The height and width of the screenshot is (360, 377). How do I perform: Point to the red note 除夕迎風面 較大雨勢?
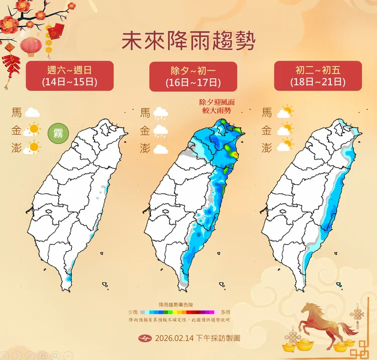click(x=217, y=105)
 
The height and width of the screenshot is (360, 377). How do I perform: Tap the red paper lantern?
click(x=31, y=46)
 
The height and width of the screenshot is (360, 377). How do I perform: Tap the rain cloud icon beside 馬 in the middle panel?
click(x=161, y=113)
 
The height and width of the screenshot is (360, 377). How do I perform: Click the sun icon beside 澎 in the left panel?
click(x=33, y=148)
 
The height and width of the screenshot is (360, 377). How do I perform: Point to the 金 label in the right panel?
click(x=266, y=131)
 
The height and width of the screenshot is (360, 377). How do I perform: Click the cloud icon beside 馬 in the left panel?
click(x=33, y=112)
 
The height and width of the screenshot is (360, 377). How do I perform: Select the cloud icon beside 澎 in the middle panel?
click(x=161, y=149)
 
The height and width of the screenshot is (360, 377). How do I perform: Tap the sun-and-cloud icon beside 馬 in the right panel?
click(x=285, y=112)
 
